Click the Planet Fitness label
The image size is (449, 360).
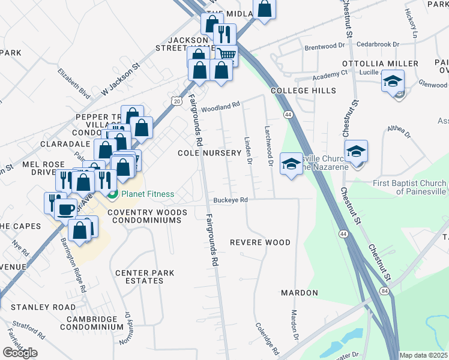click(147, 194)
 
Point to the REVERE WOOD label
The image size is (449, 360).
click(261, 242)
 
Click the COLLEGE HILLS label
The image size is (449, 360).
click(303, 91)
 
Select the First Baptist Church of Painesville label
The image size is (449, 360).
click(410, 187)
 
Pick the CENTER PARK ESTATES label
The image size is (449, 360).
click(145, 277)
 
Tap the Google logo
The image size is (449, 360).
click(20, 353)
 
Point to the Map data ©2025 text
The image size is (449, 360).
click(424, 355)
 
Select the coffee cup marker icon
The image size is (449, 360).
click(67, 209)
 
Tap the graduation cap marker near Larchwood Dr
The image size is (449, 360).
click(291, 164)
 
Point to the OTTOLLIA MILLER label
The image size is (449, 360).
click(380, 64)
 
